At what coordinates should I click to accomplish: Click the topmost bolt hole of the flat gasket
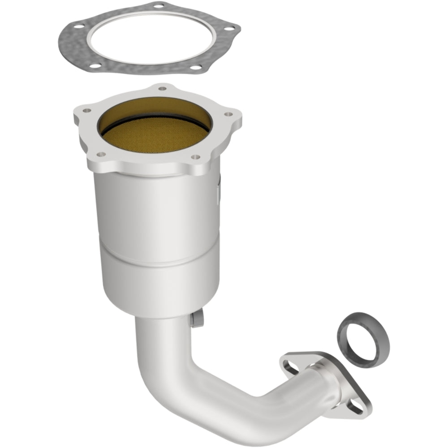158,6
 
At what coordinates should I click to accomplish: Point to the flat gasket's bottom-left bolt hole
95,65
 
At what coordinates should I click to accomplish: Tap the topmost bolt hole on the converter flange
162,88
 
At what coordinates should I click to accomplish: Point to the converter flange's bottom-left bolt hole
101,154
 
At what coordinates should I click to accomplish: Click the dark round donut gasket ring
363,340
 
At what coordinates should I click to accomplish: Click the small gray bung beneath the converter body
196,319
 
